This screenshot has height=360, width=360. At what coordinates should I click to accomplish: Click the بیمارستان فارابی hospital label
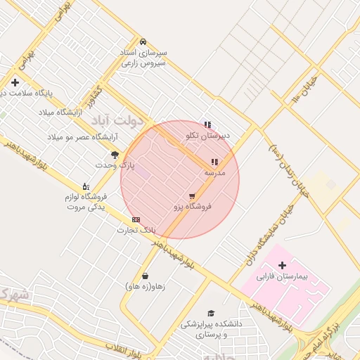tap(283, 278)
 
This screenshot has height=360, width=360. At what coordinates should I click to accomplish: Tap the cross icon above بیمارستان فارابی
tap(283, 266)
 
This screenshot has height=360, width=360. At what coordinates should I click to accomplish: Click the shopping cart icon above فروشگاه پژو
tap(192, 196)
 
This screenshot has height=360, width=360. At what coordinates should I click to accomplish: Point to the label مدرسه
tap(214, 172)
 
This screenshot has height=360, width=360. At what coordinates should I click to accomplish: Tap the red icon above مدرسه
tap(214, 162)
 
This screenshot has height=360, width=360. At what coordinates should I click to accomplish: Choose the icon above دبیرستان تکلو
tap(207, 124)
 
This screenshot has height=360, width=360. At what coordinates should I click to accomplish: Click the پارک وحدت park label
tap(115, 165)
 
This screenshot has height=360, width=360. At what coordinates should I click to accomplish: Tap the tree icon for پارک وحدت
tap(115, 154)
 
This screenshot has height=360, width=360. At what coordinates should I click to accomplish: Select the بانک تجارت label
tap(135, 230)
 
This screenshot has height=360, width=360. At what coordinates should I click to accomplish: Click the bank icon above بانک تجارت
tap(136, 219)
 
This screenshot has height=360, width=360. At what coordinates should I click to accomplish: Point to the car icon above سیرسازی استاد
tap(143, 41)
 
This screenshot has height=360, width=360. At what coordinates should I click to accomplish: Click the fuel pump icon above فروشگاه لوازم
tap(86, 186)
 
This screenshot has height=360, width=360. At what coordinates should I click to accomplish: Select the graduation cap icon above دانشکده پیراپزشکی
tap(210, 314)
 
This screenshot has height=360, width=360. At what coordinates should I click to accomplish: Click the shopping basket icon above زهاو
tap(145, 276)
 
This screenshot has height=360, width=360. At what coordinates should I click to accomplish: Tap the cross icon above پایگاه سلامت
tap(15, 82)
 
